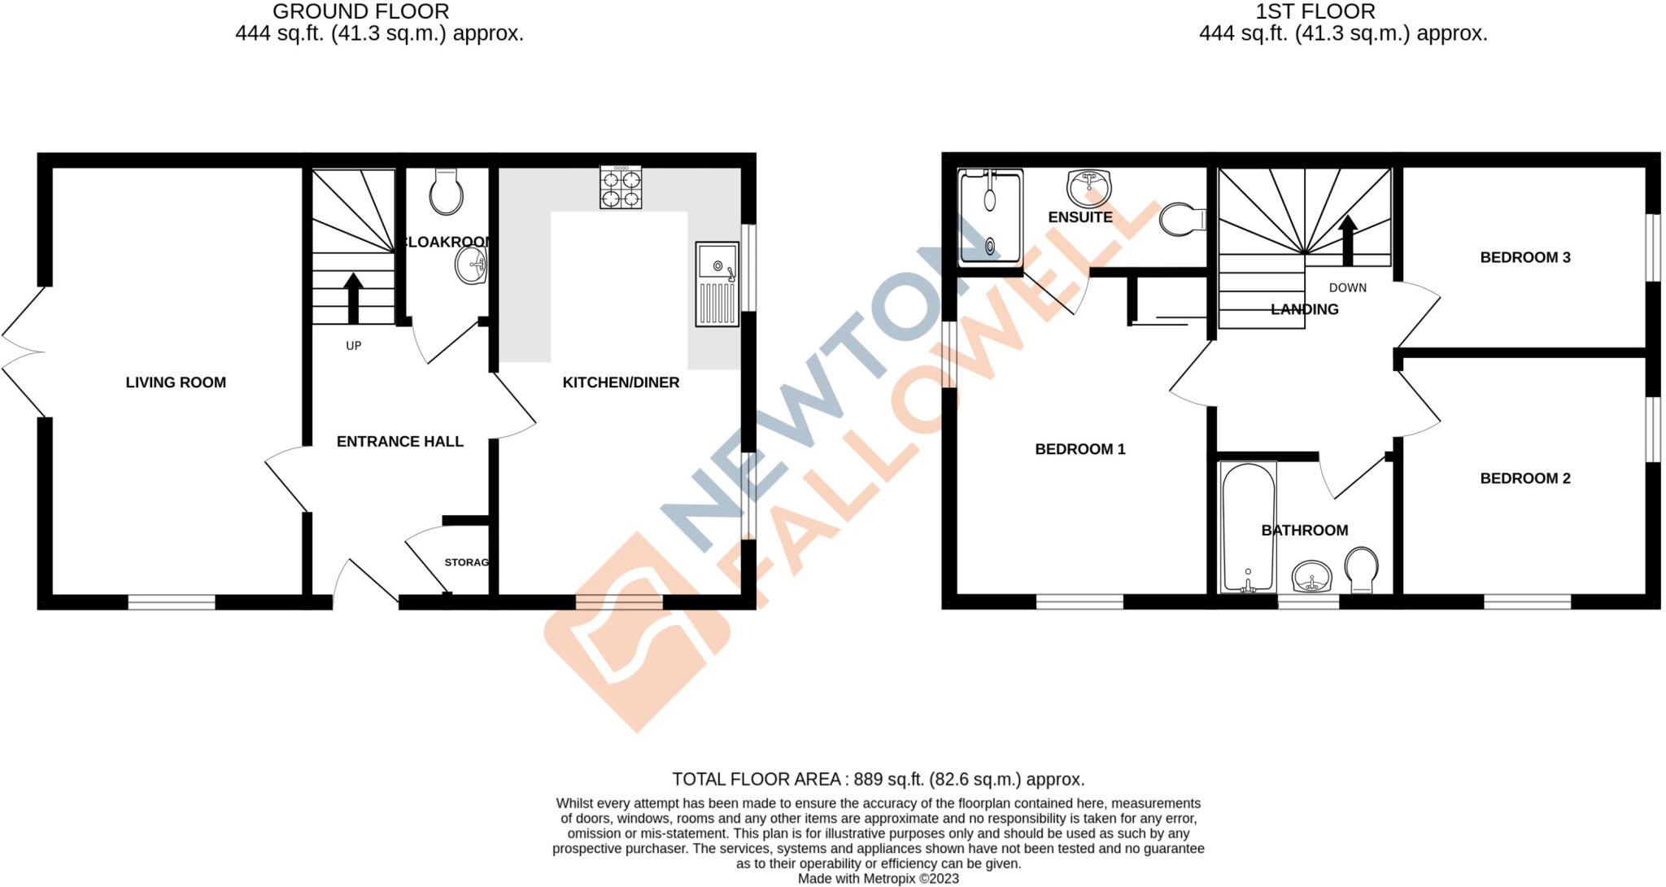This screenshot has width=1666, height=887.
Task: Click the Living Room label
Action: pyautogui.click(x=176, y=382)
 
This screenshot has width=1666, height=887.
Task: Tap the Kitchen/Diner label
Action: pyautogui.click(x=621, y=382)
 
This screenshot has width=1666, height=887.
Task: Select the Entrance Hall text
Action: pyautogui.click(x=399, y=442)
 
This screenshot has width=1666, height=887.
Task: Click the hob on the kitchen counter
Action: pyautogui.click(x=621, y=187)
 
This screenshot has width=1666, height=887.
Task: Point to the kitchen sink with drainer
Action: pyautogui.click(x=717, y=284)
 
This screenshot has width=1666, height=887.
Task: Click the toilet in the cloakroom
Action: pyautogui.click(x=446, y=192)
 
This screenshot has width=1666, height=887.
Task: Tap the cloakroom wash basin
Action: pyautogui.click(x=471, y=265)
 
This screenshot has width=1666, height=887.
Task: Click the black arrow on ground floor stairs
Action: pyautogui.click(x=353, y=298)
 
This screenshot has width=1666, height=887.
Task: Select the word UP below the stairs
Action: pyautogui.click(x=353, y=346)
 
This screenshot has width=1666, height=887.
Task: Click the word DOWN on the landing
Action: pyautogui.click(x=1347, y=288)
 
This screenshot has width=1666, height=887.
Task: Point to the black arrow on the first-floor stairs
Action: pyautogui.click(x=1348, y=240)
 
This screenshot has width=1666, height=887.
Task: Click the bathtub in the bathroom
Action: pyautogui.click(x=1248, y=527)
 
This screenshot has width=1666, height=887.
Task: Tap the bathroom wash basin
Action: pyautogui.click(x=1311, y=577)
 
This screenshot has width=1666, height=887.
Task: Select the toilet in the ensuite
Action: pyautogui.click(x=1181, y=219)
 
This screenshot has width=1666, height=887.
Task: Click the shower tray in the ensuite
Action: pyautogui.click(x=990, y=217)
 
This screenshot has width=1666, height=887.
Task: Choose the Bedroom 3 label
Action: pyautogui.click(x=1524, y=258)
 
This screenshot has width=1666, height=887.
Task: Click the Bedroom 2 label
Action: pyautogui.click(x=1524, y=478)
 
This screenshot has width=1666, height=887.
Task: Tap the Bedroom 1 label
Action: pyautogui.click(x=1079, y=449)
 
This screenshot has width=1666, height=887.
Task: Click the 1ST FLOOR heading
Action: pyautogui.click(x=1315, y=11)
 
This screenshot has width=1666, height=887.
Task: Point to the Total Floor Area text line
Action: pyautogui.click(x=878, y=780)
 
